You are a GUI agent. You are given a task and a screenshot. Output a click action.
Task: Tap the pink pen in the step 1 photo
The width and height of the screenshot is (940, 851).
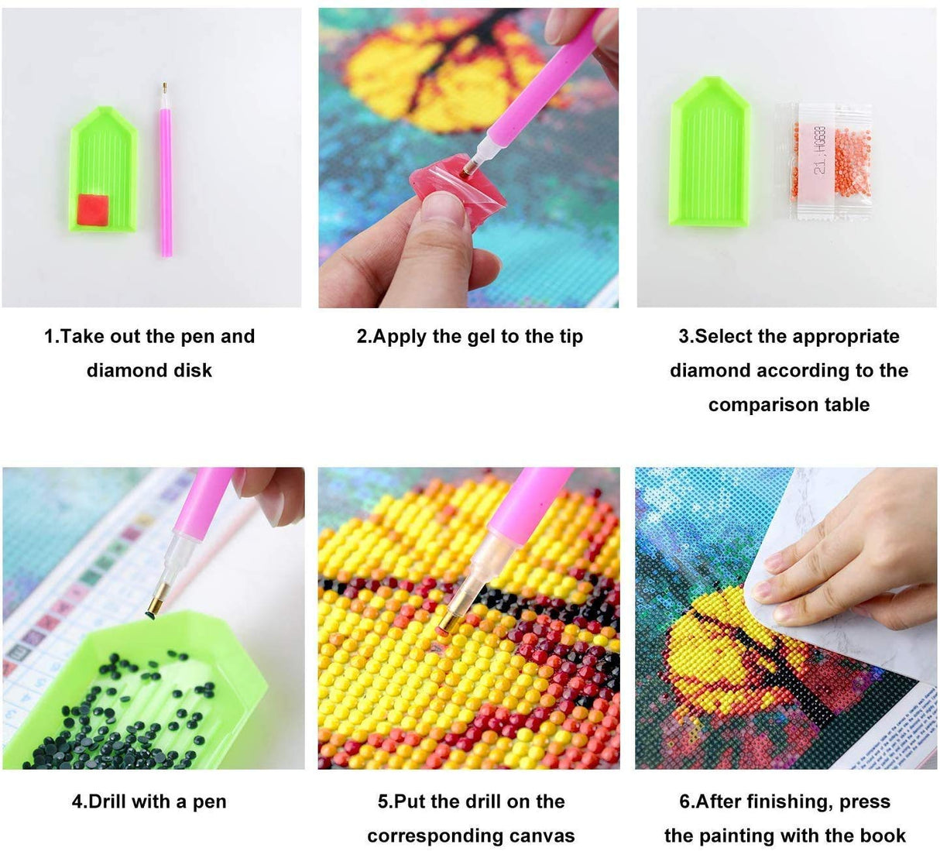166,178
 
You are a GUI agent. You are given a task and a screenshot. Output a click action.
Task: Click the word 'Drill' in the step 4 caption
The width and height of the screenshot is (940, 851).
108,801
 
